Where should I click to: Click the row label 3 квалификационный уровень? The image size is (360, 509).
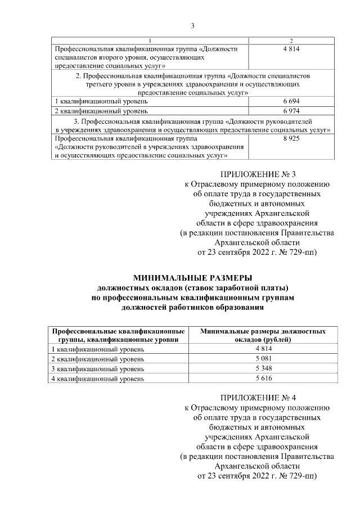[98, 368]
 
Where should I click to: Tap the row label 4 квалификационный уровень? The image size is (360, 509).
[98, 379]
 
